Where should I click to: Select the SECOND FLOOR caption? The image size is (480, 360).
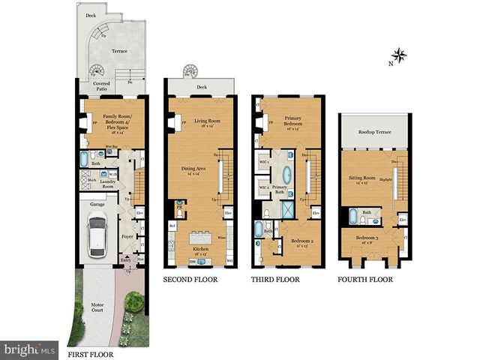pos(190,280)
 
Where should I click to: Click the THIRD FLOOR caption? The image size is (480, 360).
pos(275,280)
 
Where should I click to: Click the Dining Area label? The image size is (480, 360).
pos(193,170)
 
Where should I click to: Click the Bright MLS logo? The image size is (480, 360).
pos(28,349)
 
